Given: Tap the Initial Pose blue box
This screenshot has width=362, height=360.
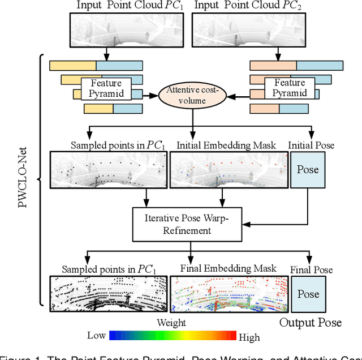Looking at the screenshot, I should pos(308,169).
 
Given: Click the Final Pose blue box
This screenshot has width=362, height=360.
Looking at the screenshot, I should pos(308,294).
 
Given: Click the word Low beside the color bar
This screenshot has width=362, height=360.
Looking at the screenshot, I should pos(97,336).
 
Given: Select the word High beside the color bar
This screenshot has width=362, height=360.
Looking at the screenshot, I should pos(249,337).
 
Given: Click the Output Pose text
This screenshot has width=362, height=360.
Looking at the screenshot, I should pos(311,323).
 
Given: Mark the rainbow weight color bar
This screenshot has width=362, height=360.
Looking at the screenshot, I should pos(173,336).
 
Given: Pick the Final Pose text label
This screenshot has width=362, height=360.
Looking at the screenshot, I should pos(311,270).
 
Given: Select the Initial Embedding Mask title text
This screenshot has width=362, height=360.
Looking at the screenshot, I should pos(226,145).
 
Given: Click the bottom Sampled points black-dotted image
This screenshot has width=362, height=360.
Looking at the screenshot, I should pos(109,294).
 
